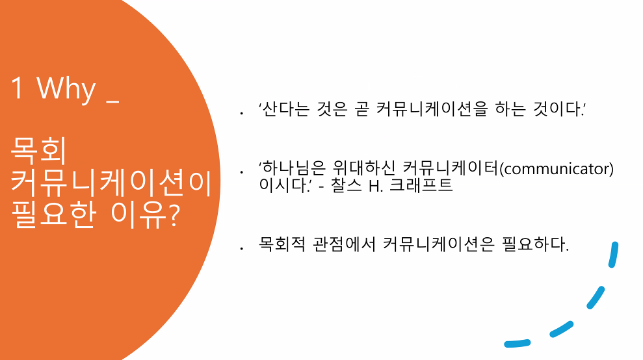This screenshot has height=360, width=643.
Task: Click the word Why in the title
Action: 66,88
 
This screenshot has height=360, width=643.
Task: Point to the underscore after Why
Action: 112,101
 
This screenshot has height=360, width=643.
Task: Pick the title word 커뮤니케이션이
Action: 111,183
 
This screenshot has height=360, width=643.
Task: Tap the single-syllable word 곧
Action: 361,109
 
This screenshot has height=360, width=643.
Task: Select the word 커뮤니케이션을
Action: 432,109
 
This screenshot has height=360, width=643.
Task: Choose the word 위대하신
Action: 363,168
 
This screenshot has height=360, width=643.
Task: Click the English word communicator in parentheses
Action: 557,168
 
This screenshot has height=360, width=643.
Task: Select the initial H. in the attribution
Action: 375,186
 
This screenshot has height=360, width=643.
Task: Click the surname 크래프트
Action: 421,185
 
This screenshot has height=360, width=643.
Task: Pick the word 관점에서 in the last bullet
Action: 344,244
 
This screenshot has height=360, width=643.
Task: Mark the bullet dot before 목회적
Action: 242,248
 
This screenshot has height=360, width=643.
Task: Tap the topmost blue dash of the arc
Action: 614,255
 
